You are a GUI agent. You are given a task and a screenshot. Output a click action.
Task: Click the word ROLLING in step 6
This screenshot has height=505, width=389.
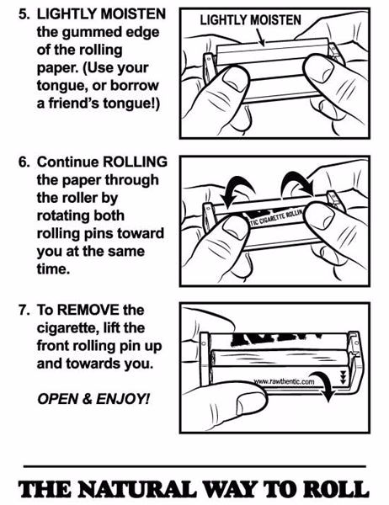[134, 162]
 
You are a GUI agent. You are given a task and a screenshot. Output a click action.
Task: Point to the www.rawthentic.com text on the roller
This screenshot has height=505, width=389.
[284, 381]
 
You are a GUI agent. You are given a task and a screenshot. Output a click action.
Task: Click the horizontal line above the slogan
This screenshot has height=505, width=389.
[194, 465]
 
